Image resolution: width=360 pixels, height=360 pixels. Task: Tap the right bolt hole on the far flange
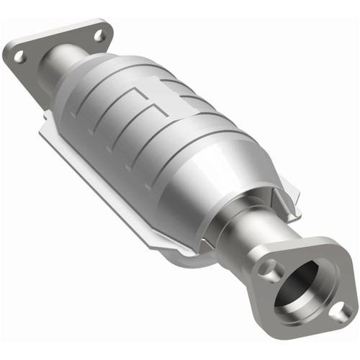(x=100, y=35)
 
